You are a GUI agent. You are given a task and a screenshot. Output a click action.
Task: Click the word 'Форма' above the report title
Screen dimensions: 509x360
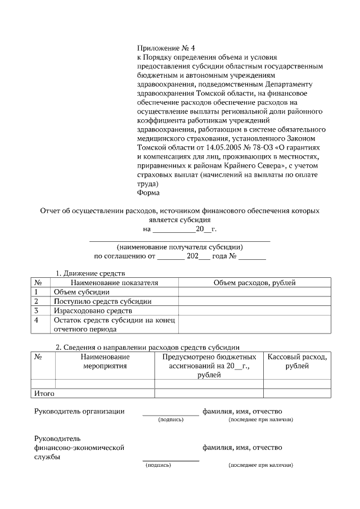pyautogui.click(x=148, y=192)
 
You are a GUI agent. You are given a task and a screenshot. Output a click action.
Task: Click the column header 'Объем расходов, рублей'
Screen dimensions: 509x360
pyautogui.click(x=254, y=282)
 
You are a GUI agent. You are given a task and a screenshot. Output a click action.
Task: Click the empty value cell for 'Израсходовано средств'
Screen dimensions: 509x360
pyautogui.click(x=254, y=310)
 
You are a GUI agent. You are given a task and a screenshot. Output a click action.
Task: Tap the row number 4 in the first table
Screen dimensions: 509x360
pyautogui.click(x=37, y=320)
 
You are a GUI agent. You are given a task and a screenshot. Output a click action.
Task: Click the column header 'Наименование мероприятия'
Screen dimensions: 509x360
pyautogui.click(x=105, y=361)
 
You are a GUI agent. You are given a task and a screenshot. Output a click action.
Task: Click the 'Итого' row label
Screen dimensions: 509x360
pyautogui.click(x=44, y=393)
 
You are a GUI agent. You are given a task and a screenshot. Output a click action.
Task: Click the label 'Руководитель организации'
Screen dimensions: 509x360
pyautogui.click(x=79, y=412)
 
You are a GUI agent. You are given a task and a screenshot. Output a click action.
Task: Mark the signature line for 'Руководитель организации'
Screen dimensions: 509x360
pyautogui.click(x=170, y=414)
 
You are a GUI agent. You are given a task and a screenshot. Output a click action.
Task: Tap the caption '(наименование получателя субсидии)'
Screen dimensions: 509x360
pyautogui.click(x=179, y=247)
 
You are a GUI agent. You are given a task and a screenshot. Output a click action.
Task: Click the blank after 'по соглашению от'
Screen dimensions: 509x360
pyautogui.click(x=170, y=258)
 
